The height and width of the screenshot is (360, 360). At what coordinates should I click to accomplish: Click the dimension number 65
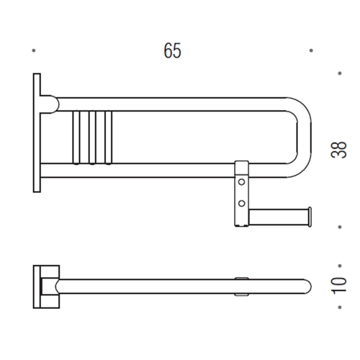click(172, 50)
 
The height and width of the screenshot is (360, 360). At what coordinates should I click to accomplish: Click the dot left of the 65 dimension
click(34, 50)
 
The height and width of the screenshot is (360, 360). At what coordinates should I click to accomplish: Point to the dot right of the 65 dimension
click(310, 50)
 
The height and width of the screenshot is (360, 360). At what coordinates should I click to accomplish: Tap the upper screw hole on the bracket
click(243, 184)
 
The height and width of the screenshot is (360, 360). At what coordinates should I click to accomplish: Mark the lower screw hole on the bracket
click(243, 204)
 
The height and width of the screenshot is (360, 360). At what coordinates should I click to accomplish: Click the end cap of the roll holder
click(309, 214)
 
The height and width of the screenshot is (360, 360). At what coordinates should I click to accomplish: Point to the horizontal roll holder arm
click(277, 214)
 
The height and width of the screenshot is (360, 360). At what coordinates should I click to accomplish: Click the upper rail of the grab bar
click(180, 101)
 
